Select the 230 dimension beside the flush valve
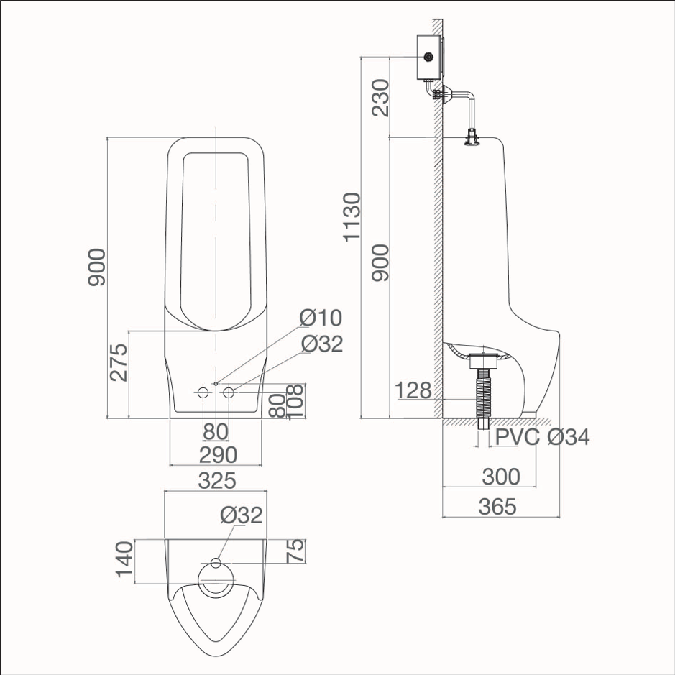380,97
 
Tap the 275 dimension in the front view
119,362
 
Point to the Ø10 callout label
321,318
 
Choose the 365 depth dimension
497,507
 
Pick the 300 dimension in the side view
501,477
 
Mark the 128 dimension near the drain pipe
413,391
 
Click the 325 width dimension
216,480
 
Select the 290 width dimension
216,455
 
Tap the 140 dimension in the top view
124,559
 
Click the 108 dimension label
294,402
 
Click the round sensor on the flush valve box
429,56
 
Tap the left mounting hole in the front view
203,392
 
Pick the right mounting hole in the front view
229,392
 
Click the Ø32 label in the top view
242,515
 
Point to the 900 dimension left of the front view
96,268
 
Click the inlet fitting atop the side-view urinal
472,137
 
